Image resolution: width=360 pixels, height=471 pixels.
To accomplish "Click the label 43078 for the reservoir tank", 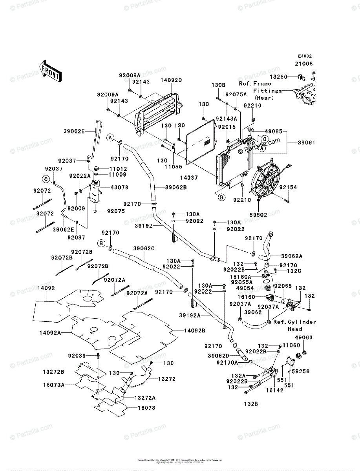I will click(x=120, y=188).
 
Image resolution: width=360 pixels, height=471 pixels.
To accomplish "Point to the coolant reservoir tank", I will click(x=94, y=192).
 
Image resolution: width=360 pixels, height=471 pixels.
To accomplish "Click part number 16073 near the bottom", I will click(x=146, y=408).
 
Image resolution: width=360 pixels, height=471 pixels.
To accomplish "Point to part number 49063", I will click(x=304, y=337).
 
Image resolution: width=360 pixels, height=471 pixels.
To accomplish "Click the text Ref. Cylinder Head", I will click(x=295, y=325).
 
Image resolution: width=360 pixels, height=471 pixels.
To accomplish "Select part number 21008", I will click(x=304, y=63).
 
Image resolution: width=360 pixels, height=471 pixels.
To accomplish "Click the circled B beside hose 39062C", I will click(x=102, y=244).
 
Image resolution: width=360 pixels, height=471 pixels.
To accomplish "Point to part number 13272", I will click(x=167, y=379).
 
